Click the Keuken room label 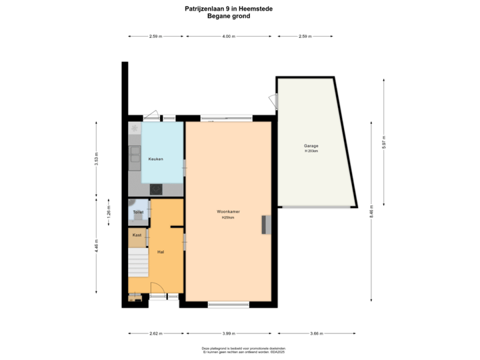tap(156, 159)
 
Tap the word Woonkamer tap(228, 211)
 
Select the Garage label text tap(311, 145)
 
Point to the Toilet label tap(138, 213)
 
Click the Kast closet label tap(137, 235)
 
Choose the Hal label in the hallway tap(161, 252)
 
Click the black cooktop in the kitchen tap(156, 189)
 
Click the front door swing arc tap(158, 288)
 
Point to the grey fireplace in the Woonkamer tap(267, 225)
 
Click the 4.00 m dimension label tap(229, 37)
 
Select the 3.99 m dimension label tap(229, 334)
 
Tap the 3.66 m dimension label tap(316, 334)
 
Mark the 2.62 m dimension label tap(156, 334)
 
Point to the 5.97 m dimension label tap(384, 143)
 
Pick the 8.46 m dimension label tap(371, 212)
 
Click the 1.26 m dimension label tap(108, 213)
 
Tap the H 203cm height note tap(311, 151)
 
